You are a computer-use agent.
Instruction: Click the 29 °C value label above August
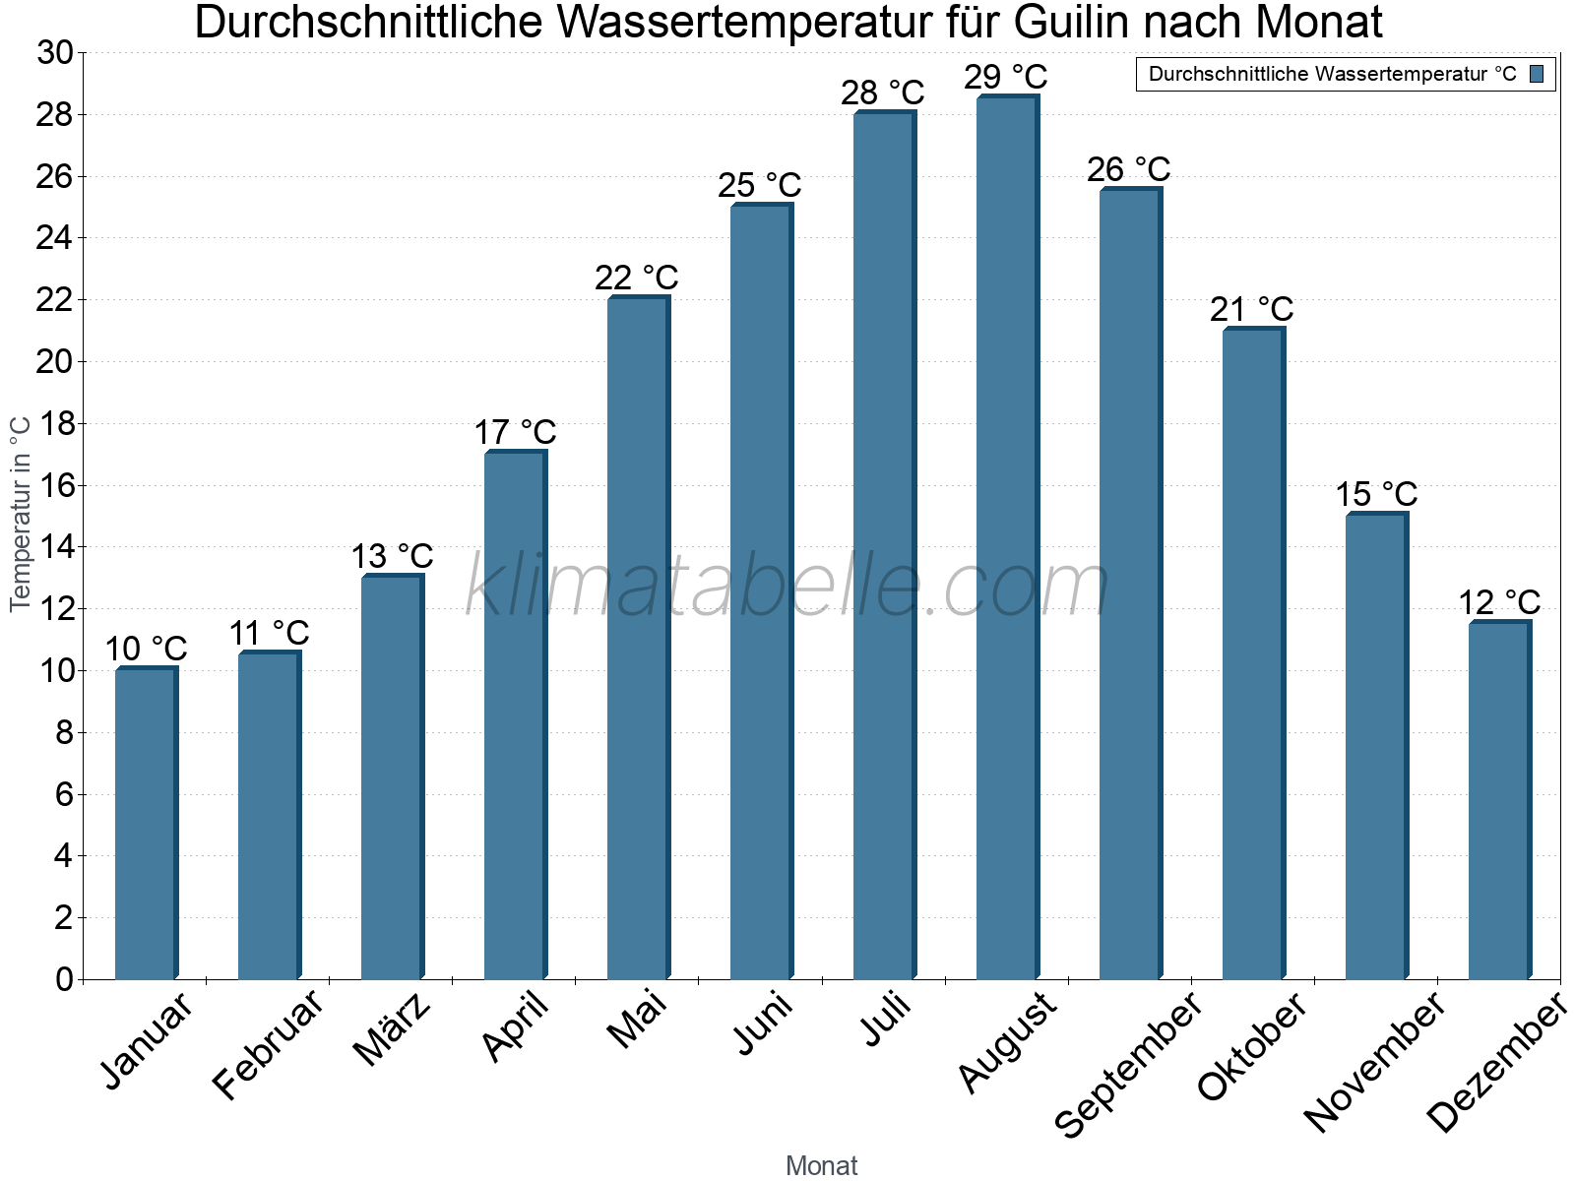click(x=1005, y=77)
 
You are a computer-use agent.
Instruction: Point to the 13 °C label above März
click(x=392, y=556)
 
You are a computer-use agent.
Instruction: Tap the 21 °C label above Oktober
click(x=1251, y=310)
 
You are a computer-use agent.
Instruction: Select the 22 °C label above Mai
click(x=636, y=278)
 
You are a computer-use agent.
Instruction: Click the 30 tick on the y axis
click(x=55, y=53)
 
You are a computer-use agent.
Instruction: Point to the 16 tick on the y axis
click(x=55, y=485)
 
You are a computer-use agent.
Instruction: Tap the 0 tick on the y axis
click(x=65, y=979)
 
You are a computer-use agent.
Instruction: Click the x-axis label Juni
click(x=764, y=1024)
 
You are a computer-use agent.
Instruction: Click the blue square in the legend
click(x=1537, y=74)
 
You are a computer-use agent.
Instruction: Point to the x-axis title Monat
click(x=822, y=1165)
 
